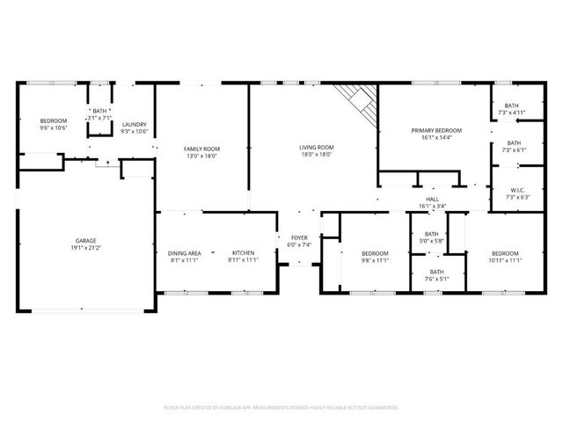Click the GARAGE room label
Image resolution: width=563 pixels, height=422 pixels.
85,240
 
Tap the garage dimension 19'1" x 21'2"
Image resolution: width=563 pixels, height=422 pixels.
85,247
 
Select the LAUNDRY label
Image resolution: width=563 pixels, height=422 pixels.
135,124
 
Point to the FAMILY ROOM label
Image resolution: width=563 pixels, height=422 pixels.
201,149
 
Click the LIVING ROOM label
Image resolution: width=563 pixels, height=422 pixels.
316,147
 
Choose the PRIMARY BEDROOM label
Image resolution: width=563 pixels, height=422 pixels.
436,130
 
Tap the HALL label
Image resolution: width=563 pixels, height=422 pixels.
433,200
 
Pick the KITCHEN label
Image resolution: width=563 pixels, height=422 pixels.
243,253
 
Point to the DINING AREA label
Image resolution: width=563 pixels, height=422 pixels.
184,253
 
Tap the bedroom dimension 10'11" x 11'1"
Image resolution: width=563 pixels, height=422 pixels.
505,260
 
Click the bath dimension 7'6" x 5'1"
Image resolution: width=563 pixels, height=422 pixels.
437,280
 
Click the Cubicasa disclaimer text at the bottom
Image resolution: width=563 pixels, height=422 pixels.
281,407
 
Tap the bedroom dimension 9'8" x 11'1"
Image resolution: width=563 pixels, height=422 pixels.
376,260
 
